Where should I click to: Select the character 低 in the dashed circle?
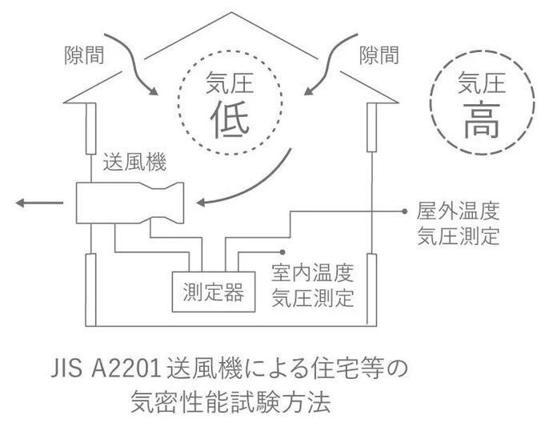pyautogui.click(x=230, y=119)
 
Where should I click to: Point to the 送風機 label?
pyautogui.click(x=134, y=164)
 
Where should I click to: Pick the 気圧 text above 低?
pyautogui.click(x=230, y=83)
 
